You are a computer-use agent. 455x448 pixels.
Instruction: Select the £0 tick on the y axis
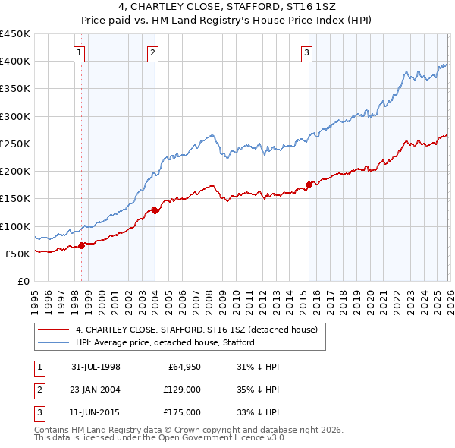point(23,281)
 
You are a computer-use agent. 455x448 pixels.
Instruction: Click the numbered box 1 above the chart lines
point(80,52)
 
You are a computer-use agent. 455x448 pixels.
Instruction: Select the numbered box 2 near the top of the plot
point(152,52)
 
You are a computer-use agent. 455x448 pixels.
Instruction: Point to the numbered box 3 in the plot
point(306,52)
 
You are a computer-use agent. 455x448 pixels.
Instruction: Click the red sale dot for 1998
point(82,245)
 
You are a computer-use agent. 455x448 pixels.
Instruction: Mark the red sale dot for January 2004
point(155,210)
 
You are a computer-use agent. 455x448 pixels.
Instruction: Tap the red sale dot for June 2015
point(309,185)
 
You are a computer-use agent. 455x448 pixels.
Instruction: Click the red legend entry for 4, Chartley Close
point(200,330)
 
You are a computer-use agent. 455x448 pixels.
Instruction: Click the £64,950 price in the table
point(183,367)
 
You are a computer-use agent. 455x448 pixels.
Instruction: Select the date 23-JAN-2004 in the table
point(96,390)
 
